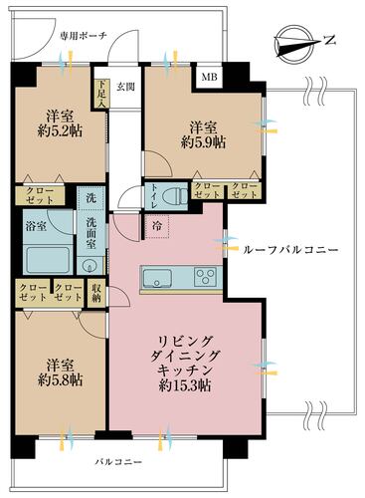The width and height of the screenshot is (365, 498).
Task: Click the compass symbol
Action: pos(294,45)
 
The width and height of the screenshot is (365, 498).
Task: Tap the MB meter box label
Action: pos(210,77)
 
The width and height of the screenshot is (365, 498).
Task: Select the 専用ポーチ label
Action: pos(84,36)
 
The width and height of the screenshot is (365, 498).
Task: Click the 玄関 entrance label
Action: pos(125,87)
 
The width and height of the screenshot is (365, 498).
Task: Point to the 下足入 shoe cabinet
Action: pos(101,94)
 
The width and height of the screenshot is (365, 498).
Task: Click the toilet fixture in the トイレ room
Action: pos(176,196)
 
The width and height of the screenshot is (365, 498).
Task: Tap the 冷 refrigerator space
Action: pos(157,226)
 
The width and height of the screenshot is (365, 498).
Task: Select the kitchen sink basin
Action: pos(157,277)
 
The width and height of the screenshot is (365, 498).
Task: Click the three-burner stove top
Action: pos(206,276)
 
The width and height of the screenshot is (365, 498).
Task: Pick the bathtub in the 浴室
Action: pos(49,260)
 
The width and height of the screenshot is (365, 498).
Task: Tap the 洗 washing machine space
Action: pos(91,198)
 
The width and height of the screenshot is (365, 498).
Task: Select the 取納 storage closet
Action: pos(96,293)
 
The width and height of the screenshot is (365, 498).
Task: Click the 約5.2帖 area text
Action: pos(60,131)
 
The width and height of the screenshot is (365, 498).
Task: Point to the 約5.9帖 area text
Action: pos(203,142)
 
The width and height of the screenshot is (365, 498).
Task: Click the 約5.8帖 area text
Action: pos(60,380)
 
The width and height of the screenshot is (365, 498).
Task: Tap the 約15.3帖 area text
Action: pos(185,385)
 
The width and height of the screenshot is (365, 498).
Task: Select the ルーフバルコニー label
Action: pos(290,250)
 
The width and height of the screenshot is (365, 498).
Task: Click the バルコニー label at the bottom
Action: pos(118,462)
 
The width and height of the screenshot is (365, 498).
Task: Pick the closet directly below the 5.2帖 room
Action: pos(40,195)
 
